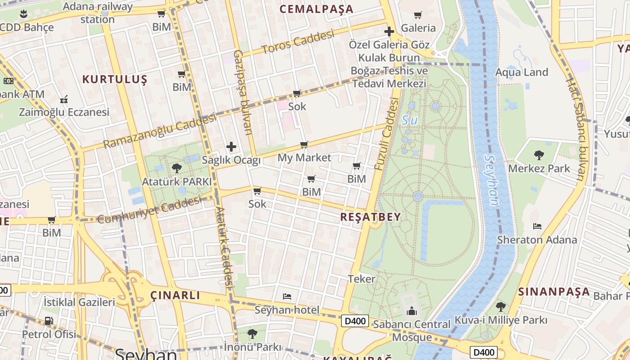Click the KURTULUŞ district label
(115, 80)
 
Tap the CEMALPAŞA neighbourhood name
(316, 9)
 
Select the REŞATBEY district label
(370, 217)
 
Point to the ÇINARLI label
(175, 295)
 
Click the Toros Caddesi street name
(298, 41)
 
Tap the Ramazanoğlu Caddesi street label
(159, 131)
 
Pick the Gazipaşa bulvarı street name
(243, 92)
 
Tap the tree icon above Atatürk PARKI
(177, 168)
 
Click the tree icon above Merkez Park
(539, 155)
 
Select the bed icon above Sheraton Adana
(537, 226)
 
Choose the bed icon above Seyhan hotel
(287, 296)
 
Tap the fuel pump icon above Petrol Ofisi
(49, 321)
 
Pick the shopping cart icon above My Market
(304, 144)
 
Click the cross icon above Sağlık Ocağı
(231, 147)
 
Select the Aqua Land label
(522, 72)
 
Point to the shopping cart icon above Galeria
(418, 15)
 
